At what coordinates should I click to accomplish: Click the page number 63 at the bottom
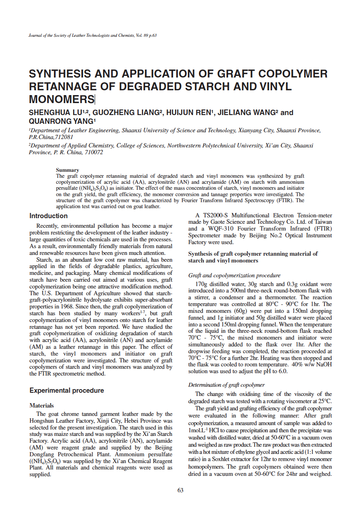tap(180, 490)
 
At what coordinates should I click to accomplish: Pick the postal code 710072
tap(90, 152)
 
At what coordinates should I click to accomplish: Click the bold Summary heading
tap(67, 170)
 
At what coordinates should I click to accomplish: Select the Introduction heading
tap(48, 216)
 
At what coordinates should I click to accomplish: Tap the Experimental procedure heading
tap(66, 390)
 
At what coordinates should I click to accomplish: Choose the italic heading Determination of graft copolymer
tap(226, 385)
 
